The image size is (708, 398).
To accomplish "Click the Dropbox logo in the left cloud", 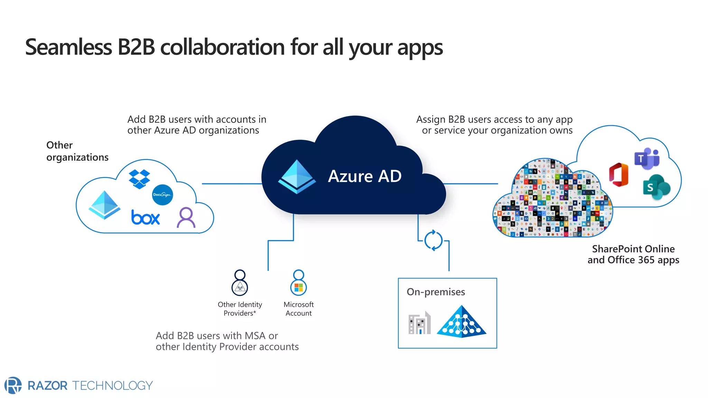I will click(139, 179).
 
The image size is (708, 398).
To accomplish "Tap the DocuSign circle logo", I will click(162, 195).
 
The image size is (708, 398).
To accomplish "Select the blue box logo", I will click(146, 218).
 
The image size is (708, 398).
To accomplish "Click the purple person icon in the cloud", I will click(186, 218).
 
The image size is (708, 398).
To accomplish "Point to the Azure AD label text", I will click(365, 176).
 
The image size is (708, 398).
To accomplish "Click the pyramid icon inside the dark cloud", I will click(297, 176).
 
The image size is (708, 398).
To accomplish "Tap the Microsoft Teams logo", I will click(647, 159).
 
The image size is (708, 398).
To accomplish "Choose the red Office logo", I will click(619, 174).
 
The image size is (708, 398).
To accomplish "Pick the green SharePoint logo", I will click(656, 187).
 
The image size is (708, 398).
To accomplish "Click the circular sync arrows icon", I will click(434, 240).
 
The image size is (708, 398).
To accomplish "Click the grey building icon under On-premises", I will click(419, 323).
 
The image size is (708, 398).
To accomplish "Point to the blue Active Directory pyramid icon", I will click(462, 322).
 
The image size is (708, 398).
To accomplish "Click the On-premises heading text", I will click(436, 292).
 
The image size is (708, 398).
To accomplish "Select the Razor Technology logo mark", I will click(13, 385).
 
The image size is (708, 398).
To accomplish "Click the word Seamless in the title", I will click(68, 47).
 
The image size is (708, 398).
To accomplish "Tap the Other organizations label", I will click(77, 151).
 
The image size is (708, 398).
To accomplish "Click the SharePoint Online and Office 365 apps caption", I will click(633, 254).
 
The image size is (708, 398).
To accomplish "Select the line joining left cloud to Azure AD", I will click(232, 184).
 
